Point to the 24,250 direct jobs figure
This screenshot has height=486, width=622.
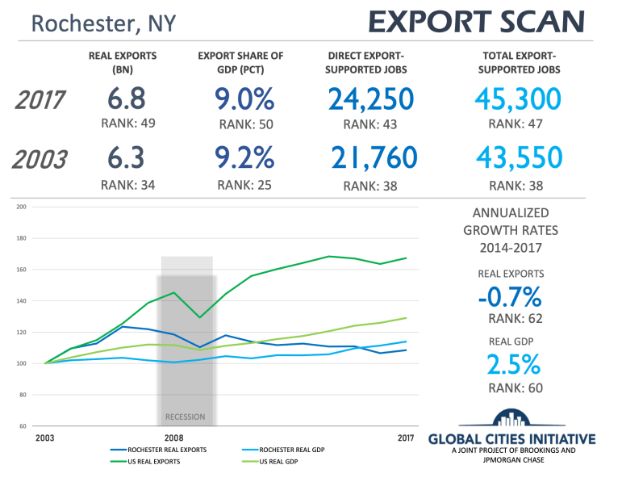371,99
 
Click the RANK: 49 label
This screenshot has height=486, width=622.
127,124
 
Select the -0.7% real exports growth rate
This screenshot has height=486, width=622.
509,297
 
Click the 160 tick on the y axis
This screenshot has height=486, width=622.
22,270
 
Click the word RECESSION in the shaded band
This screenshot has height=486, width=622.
185,417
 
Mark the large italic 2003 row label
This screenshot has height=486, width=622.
40,158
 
